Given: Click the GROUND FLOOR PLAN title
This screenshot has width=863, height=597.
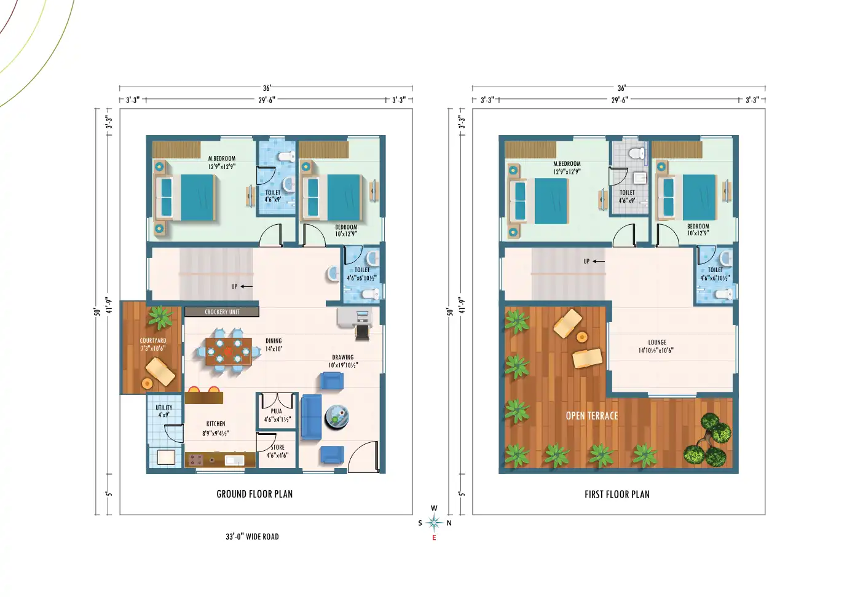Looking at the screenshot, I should coord(254,494).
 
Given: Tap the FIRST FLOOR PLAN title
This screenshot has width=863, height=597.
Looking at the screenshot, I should coord(617,494).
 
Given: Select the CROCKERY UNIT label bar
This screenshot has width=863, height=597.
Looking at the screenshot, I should coord(222,312).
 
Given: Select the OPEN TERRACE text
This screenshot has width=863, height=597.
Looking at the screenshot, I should coord(591,416).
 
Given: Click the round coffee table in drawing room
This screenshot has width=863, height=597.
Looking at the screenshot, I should coord(337,416).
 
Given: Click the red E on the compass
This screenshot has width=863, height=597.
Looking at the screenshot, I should coord(434,538).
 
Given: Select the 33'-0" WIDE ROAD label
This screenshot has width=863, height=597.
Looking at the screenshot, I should coord(252,537).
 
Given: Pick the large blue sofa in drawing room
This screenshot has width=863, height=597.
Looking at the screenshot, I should coord(311,417).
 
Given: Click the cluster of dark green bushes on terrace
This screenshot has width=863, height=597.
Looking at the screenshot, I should coord(707,440).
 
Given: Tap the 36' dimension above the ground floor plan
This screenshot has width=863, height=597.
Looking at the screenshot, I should coord(266,88).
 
